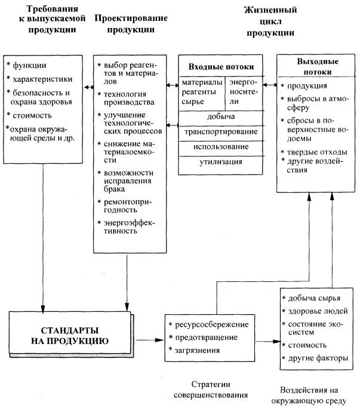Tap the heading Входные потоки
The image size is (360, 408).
tap(221, 67)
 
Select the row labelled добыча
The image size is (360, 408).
tap(221, 116)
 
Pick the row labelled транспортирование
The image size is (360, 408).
tap(221, 131)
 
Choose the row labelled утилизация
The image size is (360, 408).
tap(221, 162)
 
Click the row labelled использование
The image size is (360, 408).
tap(221, 146)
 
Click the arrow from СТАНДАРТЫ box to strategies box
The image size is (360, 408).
tap(150, 340)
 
